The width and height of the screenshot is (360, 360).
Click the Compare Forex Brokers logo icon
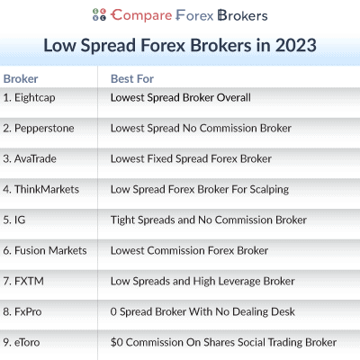pyautogui.click(x=99, y=14)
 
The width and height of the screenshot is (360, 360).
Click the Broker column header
pyautogui.click(x=21, y=79)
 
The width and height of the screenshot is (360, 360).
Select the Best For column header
pyautogui.click(x=132, y=79)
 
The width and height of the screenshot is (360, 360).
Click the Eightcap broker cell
pyautogui.click(x=29, y=98)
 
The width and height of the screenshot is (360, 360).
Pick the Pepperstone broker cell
pyautogui.click(x=39, y=129)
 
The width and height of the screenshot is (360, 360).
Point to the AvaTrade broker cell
pyautogui.click(x=30, y=158)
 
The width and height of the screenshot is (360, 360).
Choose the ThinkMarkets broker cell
pyautogui.click(x=41, y=189)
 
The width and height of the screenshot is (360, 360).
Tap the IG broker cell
pyautogui.click(x=14, y=220)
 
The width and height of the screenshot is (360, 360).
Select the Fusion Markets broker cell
pyautogui.click(x=45, y=250)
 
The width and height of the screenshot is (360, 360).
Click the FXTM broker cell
pyautogui.click(x=23, y=281)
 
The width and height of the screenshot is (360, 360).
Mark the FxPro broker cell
pyautogui.click(x=22, y=311)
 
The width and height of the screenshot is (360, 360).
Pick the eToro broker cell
pyautogui.click(x=22, y=342)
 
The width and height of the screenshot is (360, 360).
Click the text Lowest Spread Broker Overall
pyautogui.click(x=181, y=97)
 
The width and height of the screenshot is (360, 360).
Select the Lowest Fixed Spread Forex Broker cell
pyautogui.click(x=191, y=158)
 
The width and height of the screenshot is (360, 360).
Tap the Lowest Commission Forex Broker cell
pyautogui.click(x=190, y=250)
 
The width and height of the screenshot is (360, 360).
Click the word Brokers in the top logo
pyautogui.click(x=243, y=15)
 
